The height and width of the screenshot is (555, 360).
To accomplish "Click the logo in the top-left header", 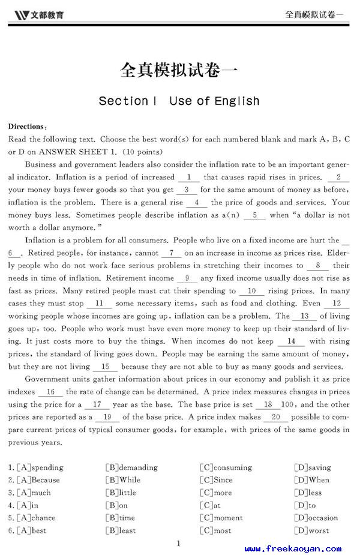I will (38, 14).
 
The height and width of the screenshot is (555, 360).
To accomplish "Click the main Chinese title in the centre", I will (179, 71).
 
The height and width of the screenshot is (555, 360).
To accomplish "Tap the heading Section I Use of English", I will (179, 101).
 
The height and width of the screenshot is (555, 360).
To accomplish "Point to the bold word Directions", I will (27, 127).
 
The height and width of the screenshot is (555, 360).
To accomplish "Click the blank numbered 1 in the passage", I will (189, 177).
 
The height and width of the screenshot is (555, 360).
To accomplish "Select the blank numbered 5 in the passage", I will (255, 215).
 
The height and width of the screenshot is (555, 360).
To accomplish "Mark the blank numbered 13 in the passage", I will (305, 316).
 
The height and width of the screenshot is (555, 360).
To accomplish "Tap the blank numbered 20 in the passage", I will (276, 417).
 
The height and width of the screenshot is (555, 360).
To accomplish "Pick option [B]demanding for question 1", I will (131, 467).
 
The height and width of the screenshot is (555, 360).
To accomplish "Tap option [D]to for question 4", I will (305, 505).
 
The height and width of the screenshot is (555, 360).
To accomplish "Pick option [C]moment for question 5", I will (221, 518).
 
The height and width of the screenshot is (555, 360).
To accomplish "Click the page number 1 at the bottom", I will (179, 544).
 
